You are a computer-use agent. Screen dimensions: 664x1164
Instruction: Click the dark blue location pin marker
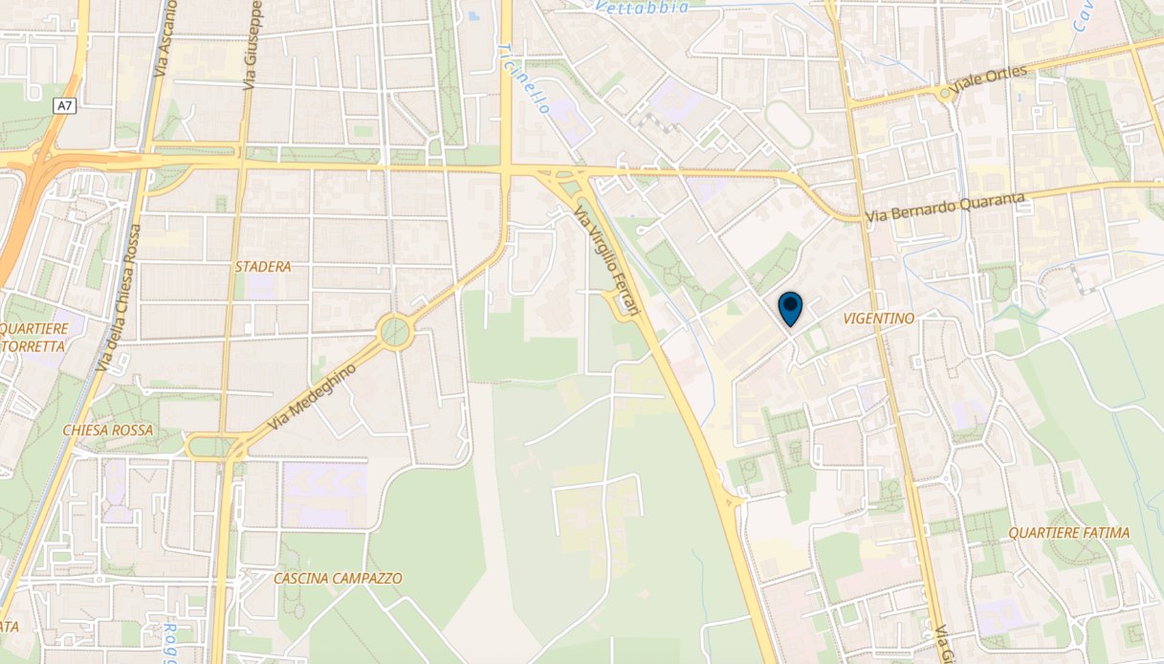[790, 308]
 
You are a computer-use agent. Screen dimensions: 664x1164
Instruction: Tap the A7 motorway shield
[65, 106]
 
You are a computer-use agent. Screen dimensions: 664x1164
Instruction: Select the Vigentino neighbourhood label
[879, 318]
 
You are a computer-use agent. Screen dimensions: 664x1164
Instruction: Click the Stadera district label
[263, 267]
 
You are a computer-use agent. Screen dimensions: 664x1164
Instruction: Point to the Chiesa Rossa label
[106, 431]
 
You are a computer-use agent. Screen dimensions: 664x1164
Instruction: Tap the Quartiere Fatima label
[1075, 533]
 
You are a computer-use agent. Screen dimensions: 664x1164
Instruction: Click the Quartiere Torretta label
[34, 338]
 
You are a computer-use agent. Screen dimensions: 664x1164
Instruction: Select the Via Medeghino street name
[313, 396]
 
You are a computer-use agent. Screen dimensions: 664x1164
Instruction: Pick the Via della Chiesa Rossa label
[120, 299]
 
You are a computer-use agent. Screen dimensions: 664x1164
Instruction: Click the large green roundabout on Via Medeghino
[394, 332]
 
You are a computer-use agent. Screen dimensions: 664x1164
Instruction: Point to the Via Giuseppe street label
[253, 48]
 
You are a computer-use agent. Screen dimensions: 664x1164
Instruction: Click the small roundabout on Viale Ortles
[946, 93]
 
